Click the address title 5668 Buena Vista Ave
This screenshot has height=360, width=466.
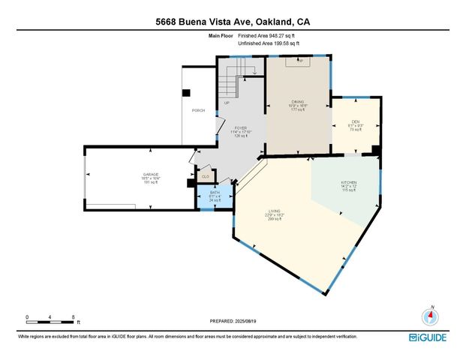[233, 22]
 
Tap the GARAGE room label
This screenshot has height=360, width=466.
[151, 175]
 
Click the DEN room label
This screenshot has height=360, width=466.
[356, 122]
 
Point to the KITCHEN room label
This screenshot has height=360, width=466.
[348, 183]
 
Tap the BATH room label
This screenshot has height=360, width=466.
[214, 193]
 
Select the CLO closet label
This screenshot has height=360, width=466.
[206, 176]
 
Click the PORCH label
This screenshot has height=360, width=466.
[199, 110]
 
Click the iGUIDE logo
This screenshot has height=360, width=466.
[428, 337]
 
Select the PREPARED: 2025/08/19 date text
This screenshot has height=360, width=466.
[233, 320]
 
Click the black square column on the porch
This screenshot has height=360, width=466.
[187, 94]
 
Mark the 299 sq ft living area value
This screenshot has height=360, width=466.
[275, 220]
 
